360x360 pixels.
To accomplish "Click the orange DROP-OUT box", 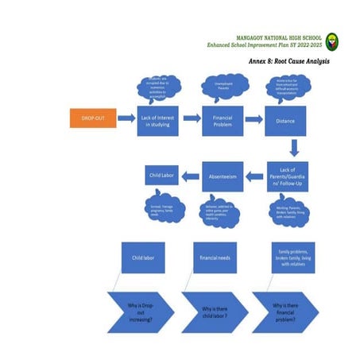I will [92, 119].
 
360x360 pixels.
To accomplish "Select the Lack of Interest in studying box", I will [157, 120].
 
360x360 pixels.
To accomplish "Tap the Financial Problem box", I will [222, 120].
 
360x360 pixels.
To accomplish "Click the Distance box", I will [286, 120].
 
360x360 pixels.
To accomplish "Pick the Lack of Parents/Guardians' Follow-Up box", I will [286, 177].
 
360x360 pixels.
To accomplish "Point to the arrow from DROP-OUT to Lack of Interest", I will [126, 119].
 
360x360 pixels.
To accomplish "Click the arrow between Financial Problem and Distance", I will [254, 119].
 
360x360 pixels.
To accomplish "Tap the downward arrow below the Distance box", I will [294, 148].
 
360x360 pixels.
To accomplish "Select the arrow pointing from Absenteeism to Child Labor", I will [191, 174].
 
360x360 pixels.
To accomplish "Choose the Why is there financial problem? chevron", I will [285, 311].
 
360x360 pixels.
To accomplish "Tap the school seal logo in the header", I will [331, 42].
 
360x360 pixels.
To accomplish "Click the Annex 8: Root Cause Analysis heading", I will [288, 61].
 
